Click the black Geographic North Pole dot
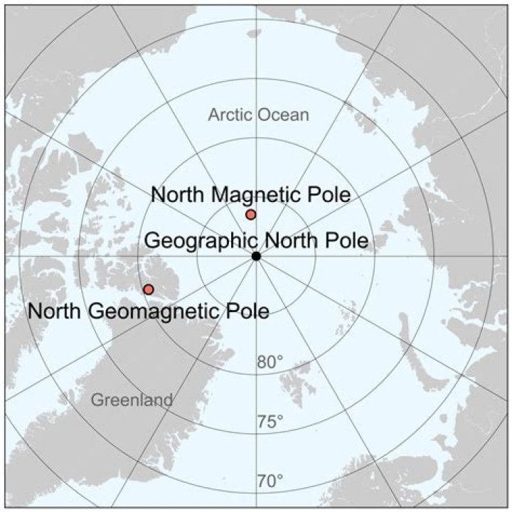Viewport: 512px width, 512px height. (256, 256)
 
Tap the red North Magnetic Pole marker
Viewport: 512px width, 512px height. (250, 215)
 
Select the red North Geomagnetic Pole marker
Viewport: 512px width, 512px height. (148, 289)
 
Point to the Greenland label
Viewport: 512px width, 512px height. (132, 400)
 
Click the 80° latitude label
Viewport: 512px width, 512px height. (270, 362)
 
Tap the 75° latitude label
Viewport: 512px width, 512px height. (270, 422)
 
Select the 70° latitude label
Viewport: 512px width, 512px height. (270, 481)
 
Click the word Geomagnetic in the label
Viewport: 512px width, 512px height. (159, 311)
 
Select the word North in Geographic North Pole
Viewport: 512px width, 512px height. (290, 240)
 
